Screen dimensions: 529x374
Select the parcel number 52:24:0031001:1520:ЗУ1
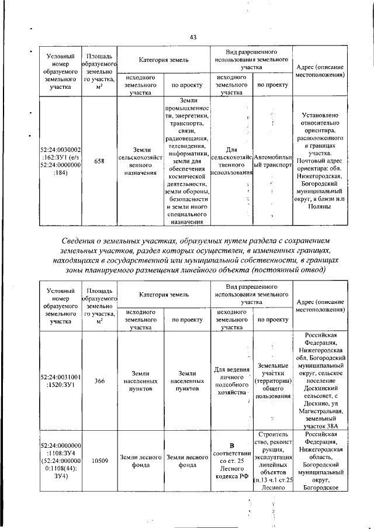click(57, 381)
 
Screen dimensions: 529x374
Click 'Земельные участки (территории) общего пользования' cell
click(272, 381)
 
